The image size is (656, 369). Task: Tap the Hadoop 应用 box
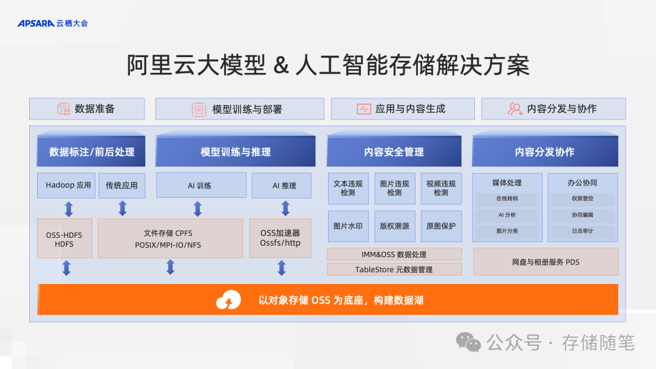[68, 185]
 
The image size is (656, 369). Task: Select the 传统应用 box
[121, 185]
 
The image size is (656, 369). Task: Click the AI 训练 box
[200, 185]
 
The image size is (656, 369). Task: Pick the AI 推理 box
[284, 185]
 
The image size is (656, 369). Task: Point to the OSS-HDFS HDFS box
[64, 239]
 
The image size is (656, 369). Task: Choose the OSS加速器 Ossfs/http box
[280, 239]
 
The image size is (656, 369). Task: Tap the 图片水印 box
[348, 226]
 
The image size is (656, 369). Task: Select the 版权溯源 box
[394, 226]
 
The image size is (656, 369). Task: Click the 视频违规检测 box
[441, 188]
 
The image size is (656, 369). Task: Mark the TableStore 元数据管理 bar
[394, 269]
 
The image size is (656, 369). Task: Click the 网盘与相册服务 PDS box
[545, 262]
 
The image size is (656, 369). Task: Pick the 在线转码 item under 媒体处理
[507, 199]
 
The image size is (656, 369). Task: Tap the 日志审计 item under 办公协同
[583, 231]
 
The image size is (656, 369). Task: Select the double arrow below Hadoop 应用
[69, 209]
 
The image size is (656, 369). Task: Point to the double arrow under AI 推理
[285, 209]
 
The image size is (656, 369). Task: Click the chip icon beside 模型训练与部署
[199, 109]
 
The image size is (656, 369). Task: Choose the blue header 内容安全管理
[394, 152]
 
